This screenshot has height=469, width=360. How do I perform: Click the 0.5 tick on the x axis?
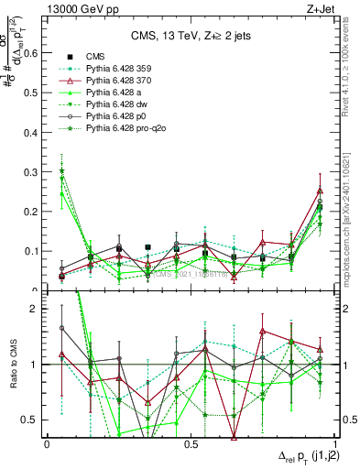coord(191,443)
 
